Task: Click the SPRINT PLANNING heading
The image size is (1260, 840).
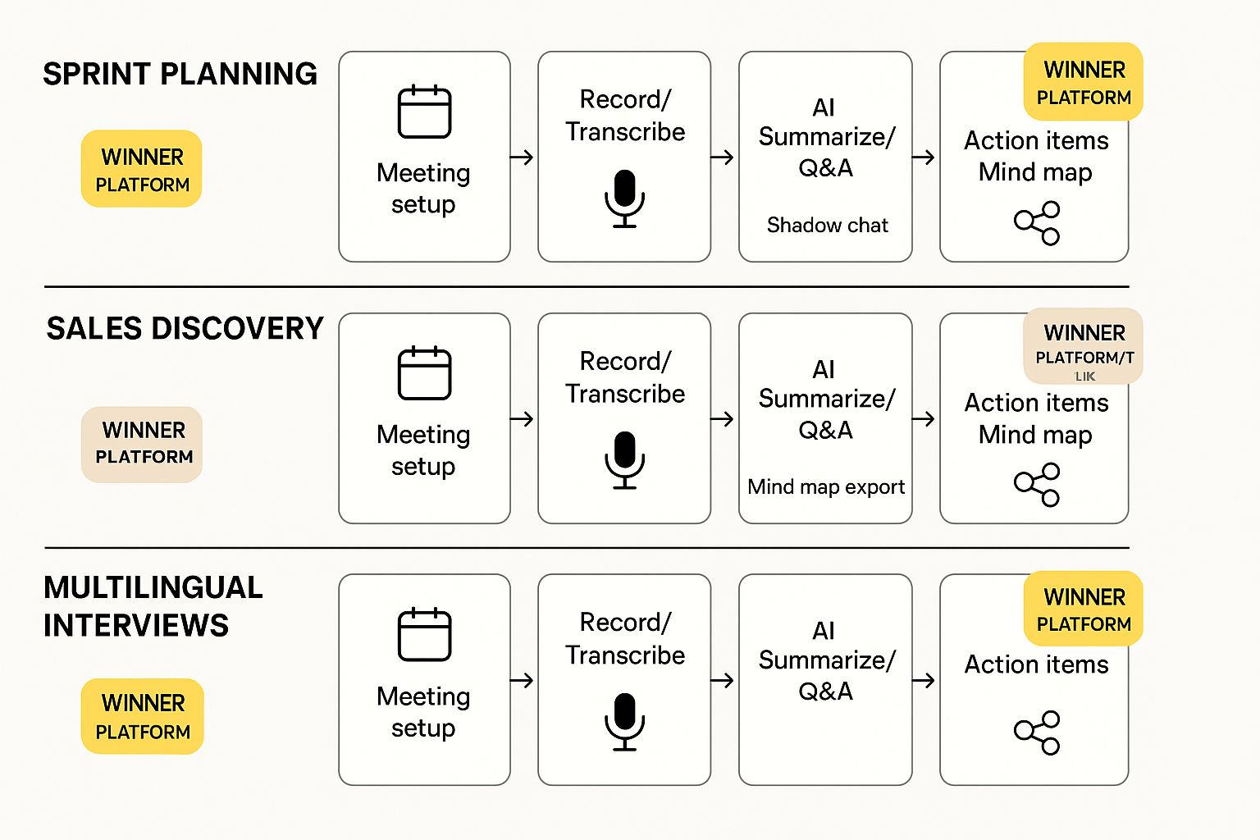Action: pyautogui.click(x=180, y=74)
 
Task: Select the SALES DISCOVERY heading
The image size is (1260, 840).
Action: pyautogui.click(x=185, y=328)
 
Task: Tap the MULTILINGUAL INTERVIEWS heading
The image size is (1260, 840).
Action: pyautogui.click(x=153, y=606)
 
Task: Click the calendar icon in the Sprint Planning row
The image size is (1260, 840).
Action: pyautogui.click(x=424, y=112)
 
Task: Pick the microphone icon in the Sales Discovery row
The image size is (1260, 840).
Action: pyautogui.click(x=625, y=459)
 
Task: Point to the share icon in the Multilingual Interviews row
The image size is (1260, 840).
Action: pyautogui.click(x=1037, y=732)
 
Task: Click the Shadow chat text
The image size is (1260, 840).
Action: pyautogui.click(x=827, y=225)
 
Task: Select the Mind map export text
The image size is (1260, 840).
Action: pyautogui.click(x=826, y=486)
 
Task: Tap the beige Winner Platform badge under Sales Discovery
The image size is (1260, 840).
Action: pyautogui.click(x=142, y=444)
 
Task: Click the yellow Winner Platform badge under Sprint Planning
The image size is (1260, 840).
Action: pyautogui.click(x=142, y=169)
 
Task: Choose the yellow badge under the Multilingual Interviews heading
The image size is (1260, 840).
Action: pyautogui.click(x=142, y=716)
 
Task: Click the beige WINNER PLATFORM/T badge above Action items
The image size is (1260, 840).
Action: pyautogui.click(x=1083, y=346)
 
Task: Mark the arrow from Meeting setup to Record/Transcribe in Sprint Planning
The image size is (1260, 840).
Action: pyautogui.click(x=523, y=157)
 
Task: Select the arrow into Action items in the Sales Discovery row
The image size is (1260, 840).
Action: pyautogui.click(x=924, y=419)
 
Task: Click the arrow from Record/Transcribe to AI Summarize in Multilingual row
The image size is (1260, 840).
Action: pyautogui.click(x=723, y=680)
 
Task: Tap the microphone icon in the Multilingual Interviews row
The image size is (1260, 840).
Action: pyautogui.click(x=625, y=721)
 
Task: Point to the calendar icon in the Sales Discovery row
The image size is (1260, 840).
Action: pyautogui.click(x=424, y=373)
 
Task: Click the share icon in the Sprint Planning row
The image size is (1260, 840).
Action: pyautogui.click(x=1037, y=223)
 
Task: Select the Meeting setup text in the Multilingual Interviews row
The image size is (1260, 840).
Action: pyautogui.click(x=423, y=711)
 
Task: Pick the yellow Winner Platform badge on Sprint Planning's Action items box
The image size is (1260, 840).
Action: pyautogui.click(x=1083, y=82)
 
